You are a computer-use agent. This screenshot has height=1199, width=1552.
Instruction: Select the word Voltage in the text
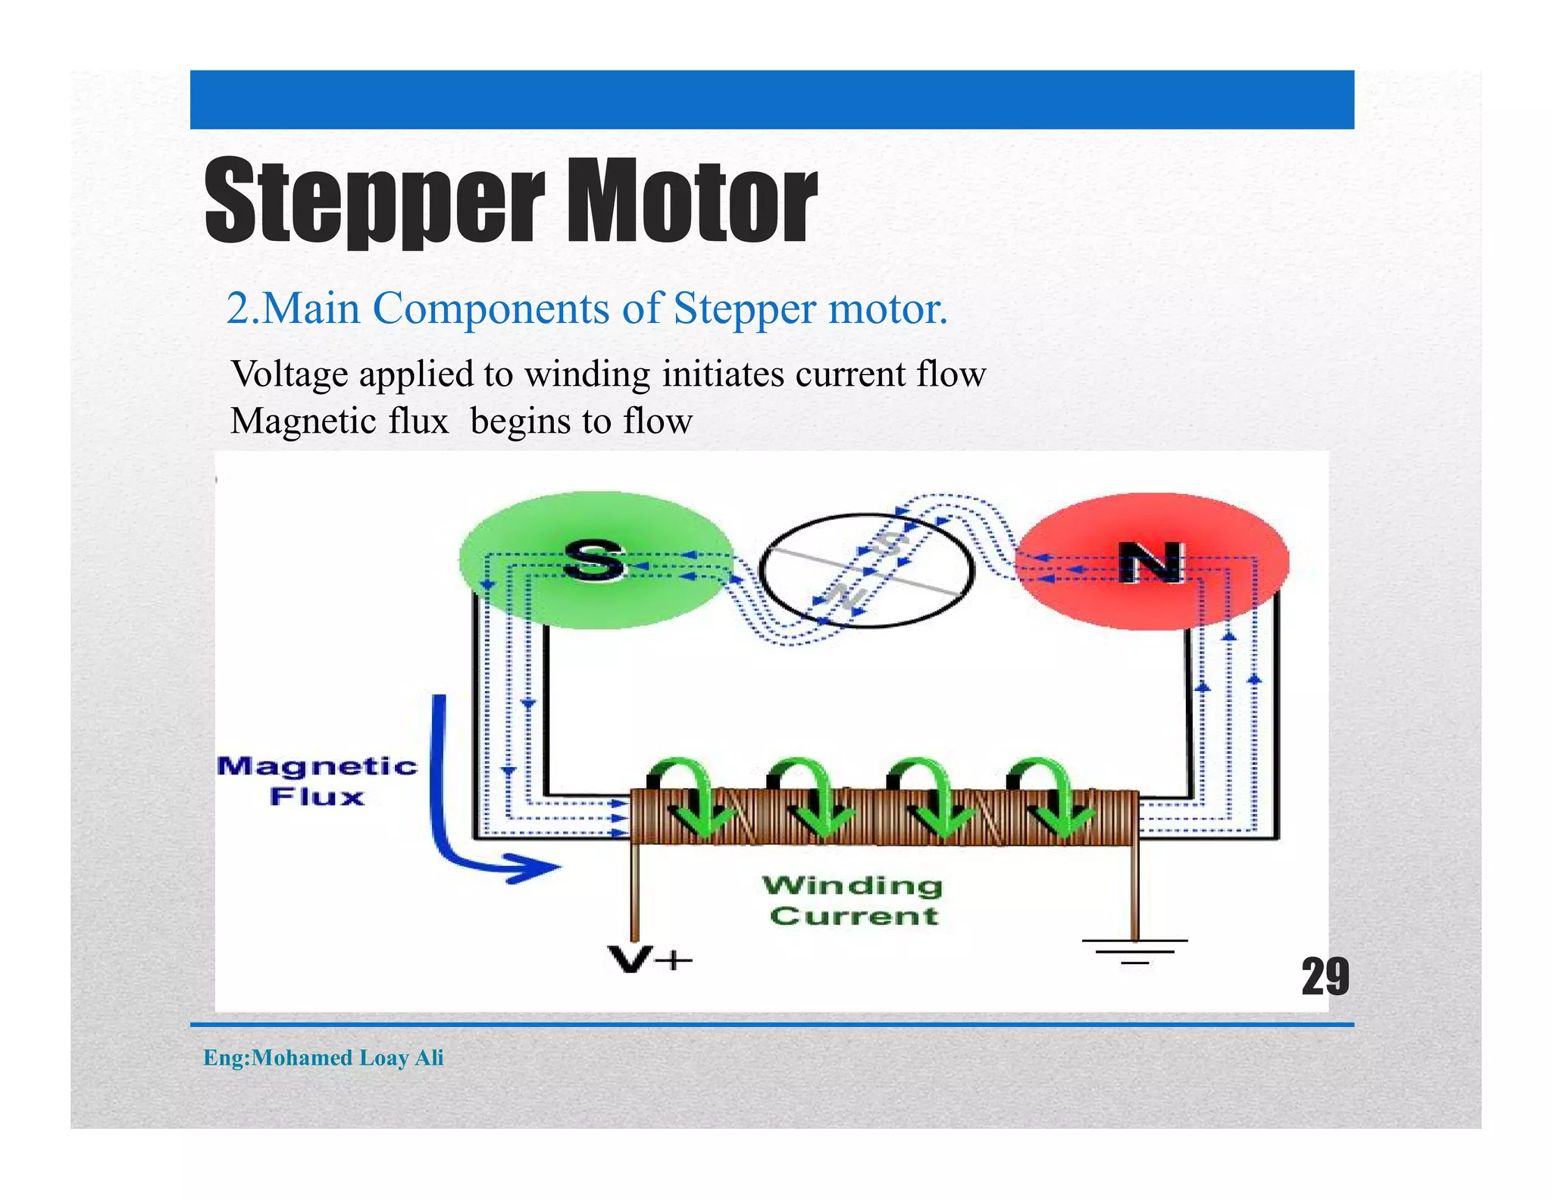pyautogui.click(x=289, y=374)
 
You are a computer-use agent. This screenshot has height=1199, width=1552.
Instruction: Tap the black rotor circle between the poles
pyautogui.click(x=866, y=570)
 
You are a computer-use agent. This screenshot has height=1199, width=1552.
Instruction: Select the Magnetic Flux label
pyautogui.click(x=317, y=781)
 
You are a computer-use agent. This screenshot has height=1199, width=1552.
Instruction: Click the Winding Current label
pyautogui.click(x=853, y=900)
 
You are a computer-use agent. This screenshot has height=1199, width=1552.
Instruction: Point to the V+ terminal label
pyautogui.click(x=649, y=960)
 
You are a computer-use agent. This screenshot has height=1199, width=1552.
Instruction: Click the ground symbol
pyautogui.click(x=1134, y=951)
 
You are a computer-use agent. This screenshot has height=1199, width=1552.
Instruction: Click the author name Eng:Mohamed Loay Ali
pyautogui.click(x=324, y=1057)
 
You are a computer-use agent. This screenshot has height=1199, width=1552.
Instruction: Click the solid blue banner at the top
pyautogui.click(x=771, y=99)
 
